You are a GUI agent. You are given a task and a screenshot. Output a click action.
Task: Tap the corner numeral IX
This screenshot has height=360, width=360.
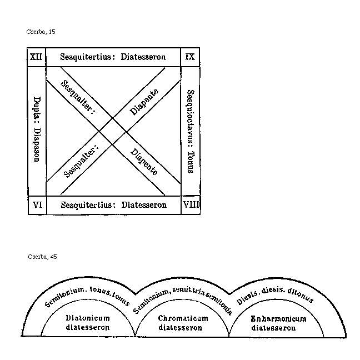pos(189,57)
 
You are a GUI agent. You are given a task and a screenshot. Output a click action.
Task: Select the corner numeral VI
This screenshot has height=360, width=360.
pos(37,204)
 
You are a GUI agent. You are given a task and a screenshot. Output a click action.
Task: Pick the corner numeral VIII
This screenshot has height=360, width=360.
pos(191,204)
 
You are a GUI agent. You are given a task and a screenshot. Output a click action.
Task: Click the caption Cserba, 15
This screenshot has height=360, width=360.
pos(41,32)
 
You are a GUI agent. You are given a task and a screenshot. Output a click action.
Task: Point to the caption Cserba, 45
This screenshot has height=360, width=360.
pos(42,257)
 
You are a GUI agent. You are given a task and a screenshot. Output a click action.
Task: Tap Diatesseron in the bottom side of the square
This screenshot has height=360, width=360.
pos(144,204)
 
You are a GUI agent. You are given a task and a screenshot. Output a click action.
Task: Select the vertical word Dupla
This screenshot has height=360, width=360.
pos(37,105)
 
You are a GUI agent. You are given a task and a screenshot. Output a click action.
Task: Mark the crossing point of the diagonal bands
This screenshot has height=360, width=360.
pos(113,131)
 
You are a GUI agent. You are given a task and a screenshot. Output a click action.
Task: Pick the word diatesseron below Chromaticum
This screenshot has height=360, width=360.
pos(182,327)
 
